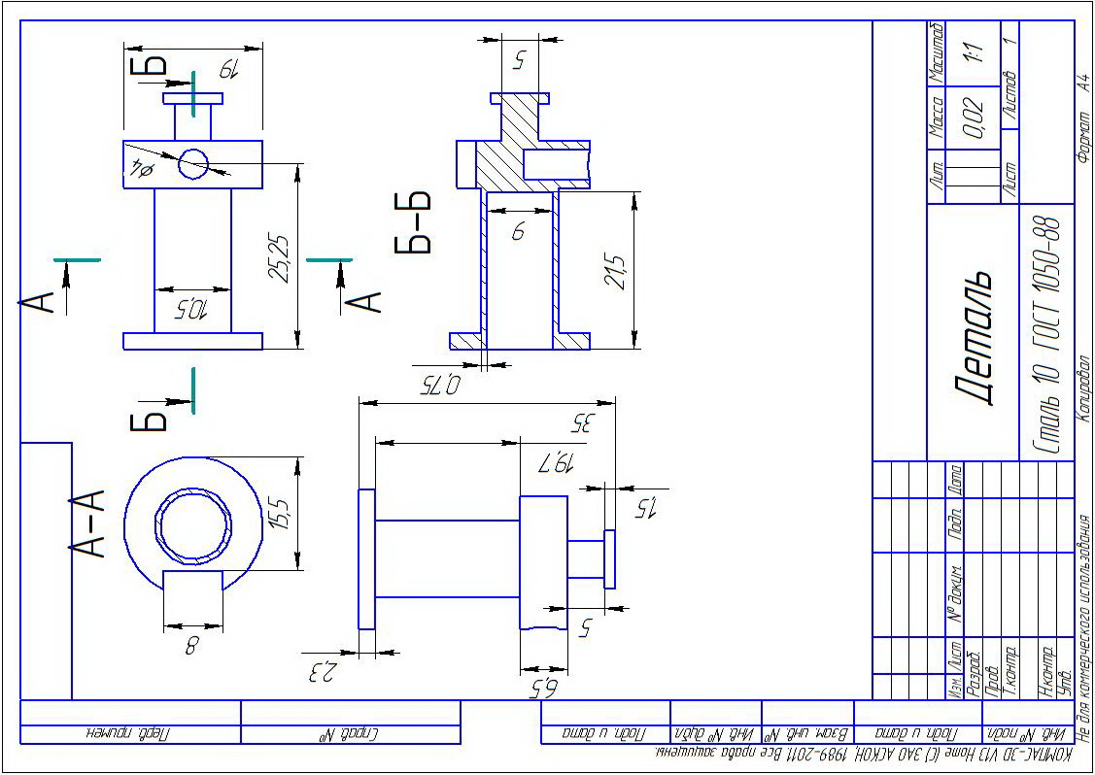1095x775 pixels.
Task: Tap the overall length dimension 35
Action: tap(582, 422)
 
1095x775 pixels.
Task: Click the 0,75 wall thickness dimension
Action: tap(440, 385)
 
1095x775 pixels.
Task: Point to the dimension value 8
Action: tap(191, 643)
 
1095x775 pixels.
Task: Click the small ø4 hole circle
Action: tap(192, 164)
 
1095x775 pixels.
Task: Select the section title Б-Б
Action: tap(413, 222)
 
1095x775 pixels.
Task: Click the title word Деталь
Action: tap(975, 336)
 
